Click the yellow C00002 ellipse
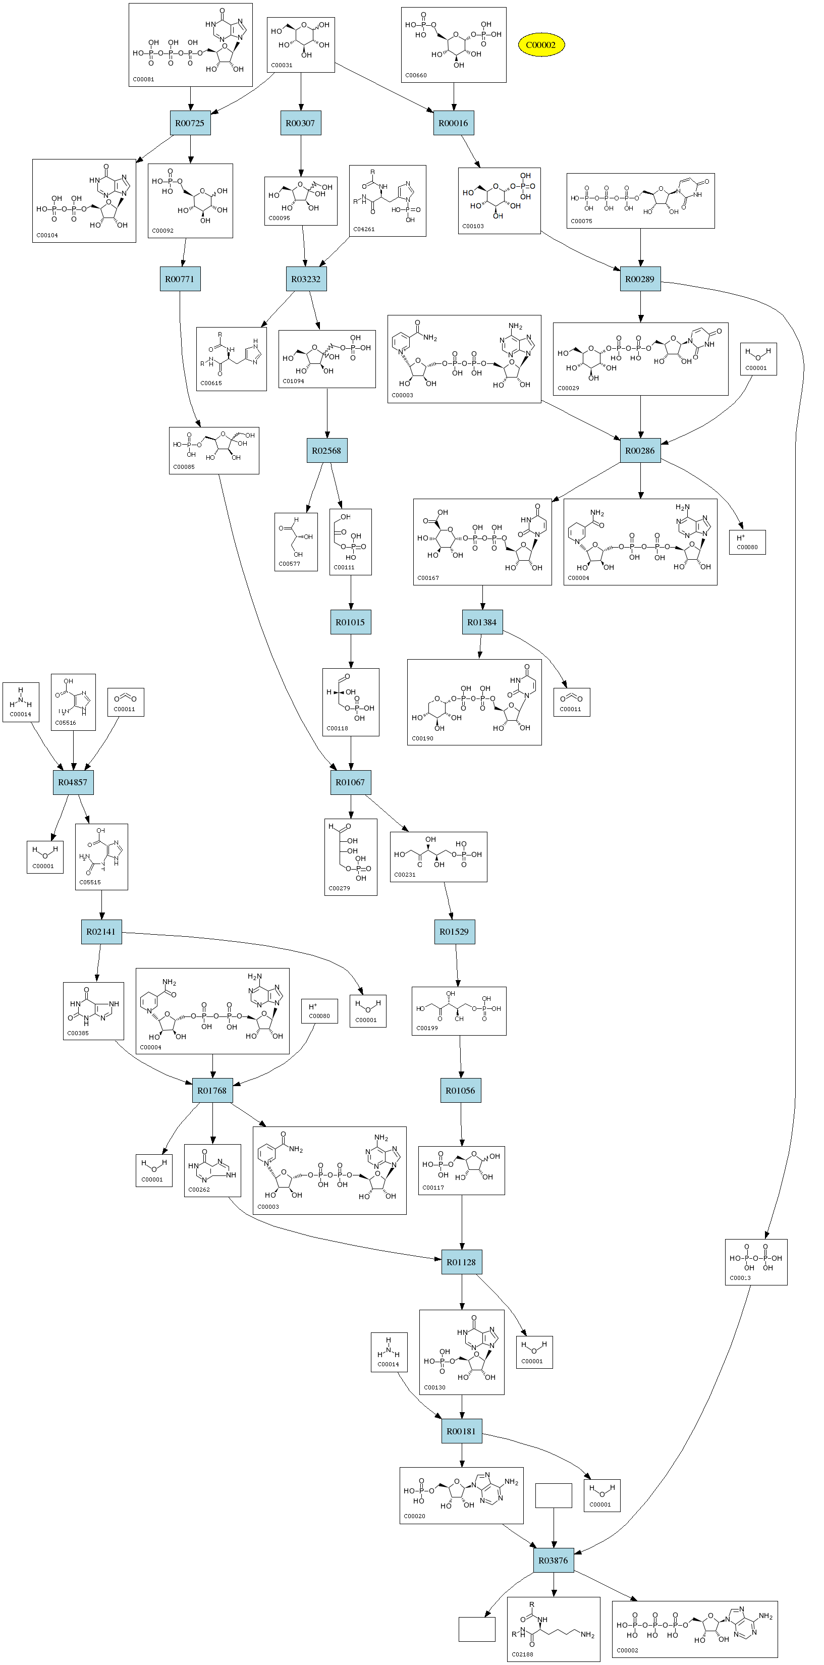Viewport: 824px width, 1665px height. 540,44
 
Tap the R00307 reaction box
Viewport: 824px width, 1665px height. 301,123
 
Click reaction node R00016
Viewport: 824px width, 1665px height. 453,123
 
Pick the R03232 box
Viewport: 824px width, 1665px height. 306,279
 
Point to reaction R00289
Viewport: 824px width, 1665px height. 640,279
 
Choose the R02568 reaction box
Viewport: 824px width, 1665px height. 326,451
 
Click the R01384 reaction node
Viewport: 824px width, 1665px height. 482,622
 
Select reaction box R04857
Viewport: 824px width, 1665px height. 72,782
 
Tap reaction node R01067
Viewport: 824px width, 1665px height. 350,782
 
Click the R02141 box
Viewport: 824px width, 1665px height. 101,931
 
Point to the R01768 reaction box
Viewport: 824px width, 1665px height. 212,1090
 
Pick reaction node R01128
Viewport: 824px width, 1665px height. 461,1262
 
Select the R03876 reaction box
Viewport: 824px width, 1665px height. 553,1561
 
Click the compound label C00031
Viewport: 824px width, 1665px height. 282,65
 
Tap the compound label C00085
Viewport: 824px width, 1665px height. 184,467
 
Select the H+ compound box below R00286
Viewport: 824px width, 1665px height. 748,542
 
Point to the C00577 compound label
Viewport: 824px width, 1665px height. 289,564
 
